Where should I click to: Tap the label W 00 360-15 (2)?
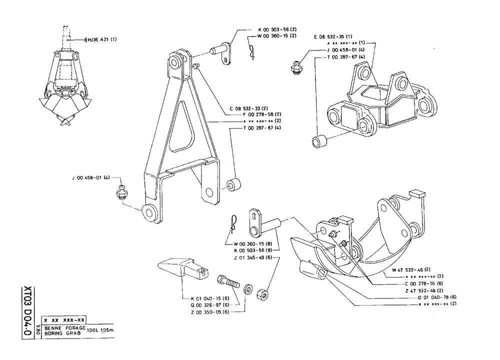pyautogui.click(x=277, y=36)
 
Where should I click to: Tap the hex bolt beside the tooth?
pyautogui.click(x=228, y=281)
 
